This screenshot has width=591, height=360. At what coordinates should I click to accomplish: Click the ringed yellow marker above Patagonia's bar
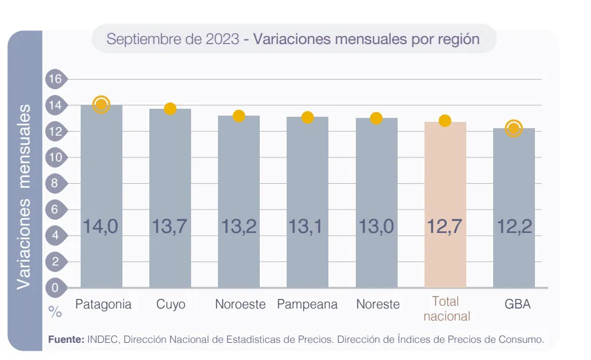[101, 104]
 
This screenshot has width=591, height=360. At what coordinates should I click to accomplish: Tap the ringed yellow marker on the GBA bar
[514, 128]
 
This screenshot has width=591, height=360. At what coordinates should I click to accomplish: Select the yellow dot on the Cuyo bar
[170, 109]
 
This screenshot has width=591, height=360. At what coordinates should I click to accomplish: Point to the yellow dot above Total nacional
[445, 121]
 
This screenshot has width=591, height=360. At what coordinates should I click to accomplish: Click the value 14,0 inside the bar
[101, 227]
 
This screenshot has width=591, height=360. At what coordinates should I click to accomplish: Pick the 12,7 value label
[445, 227]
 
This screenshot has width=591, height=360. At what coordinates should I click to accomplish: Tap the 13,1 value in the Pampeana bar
[307, 227]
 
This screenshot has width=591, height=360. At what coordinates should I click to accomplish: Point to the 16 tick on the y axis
[55, 79]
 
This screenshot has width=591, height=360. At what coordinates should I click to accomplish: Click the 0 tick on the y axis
[55, 288]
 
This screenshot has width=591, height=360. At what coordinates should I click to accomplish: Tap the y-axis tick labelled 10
[55, 157]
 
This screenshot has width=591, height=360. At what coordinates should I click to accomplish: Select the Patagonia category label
[103, 304]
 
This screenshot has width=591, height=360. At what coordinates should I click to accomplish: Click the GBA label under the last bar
[517, 304]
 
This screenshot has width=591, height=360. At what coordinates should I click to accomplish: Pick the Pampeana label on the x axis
[307, 304]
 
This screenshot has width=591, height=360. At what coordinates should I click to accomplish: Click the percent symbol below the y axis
[55, 312]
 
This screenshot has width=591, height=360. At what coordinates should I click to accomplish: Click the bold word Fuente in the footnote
[66, 339]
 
